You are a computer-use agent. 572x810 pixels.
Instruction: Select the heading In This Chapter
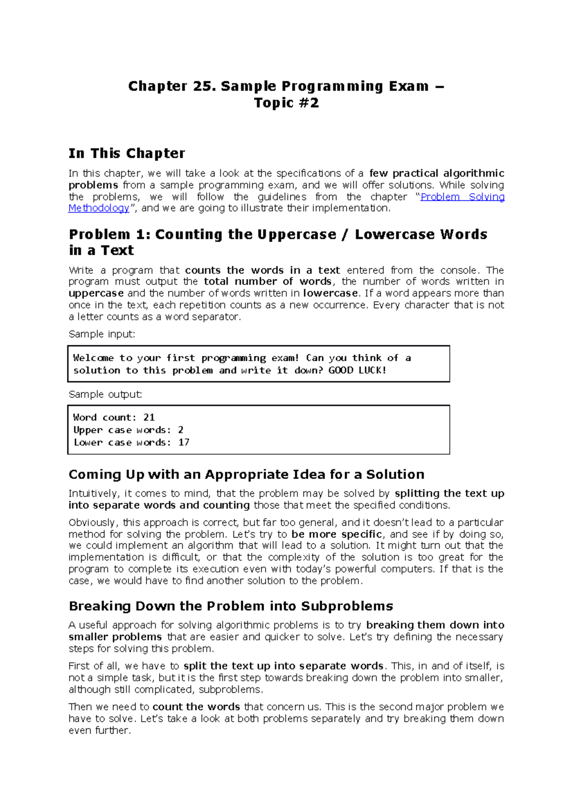(x=127, y=154)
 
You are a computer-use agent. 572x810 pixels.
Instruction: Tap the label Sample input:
(x=102, y=334)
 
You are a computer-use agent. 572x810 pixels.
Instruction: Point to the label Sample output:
(x=105, y=395)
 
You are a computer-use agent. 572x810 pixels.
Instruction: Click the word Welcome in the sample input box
(x=93, y=358)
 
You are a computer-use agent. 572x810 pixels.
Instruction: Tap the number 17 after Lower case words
(x=184, y=443)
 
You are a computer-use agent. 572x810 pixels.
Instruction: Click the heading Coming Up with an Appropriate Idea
(x=246, y=475)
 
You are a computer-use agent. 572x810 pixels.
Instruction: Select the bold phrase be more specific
(x=337, y=534)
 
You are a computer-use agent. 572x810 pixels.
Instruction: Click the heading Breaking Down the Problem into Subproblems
(x=231, y=606)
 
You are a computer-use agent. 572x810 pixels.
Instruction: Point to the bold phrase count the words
(x=196, y=707)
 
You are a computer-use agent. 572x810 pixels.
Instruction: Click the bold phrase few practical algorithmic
(x=437, y=174)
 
